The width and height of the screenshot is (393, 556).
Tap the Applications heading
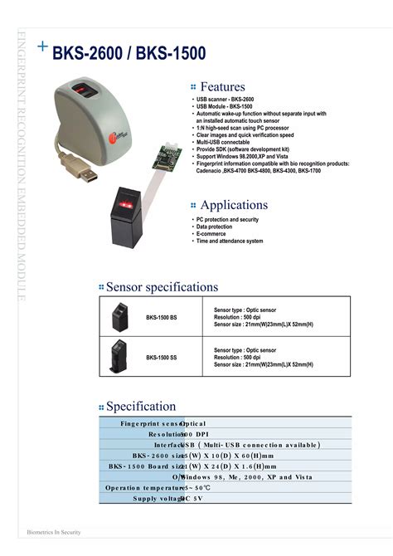click(x=234, y=205)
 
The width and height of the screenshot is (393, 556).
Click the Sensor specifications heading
click(x=162, y=287)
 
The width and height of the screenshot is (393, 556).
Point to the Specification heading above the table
click(x=141, y=407)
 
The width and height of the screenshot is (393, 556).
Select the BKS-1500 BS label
click(x=162, y=318)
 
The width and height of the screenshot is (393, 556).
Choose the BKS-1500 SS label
click(x=162, y=358)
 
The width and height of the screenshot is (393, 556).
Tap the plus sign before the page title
click(x=42, y=47)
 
